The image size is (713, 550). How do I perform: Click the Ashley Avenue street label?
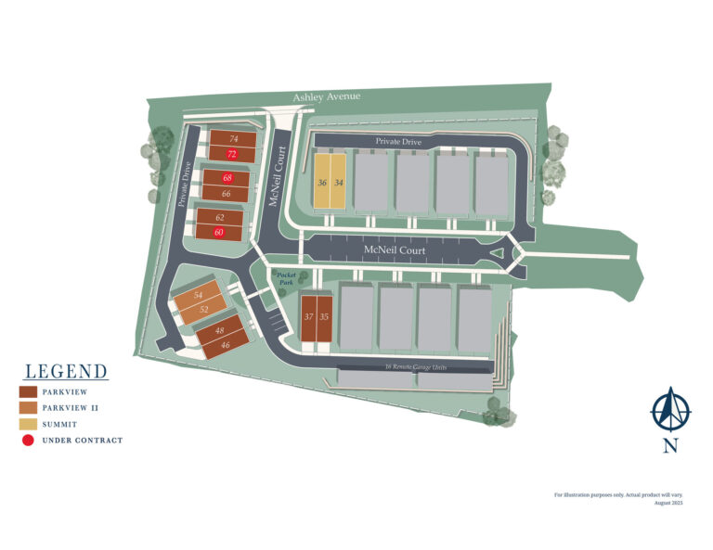click(x=326, y=96)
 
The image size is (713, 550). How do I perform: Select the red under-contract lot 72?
click(x=232, y=154)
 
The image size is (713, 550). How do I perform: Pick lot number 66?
click(x=227, y=193)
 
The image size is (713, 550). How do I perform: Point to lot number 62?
click(x=220, y=217)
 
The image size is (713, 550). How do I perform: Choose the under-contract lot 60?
click(x=219, y=233)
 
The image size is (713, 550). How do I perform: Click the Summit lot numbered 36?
click(x=322, y=183)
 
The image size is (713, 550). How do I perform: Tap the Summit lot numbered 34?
click(x=339, y=183)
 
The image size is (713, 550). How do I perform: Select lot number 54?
click(x=198, y=296)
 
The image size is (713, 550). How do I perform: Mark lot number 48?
click(x=220, y=330)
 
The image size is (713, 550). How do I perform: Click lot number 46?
click(x=226, y=344)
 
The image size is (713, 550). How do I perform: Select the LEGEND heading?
click(x=66, y=372)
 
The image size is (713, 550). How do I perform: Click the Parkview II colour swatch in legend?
click(x=28, y=407)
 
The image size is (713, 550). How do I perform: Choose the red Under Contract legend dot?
click(x=28, y=440)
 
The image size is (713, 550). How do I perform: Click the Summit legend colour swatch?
click(x=28, y=423)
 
